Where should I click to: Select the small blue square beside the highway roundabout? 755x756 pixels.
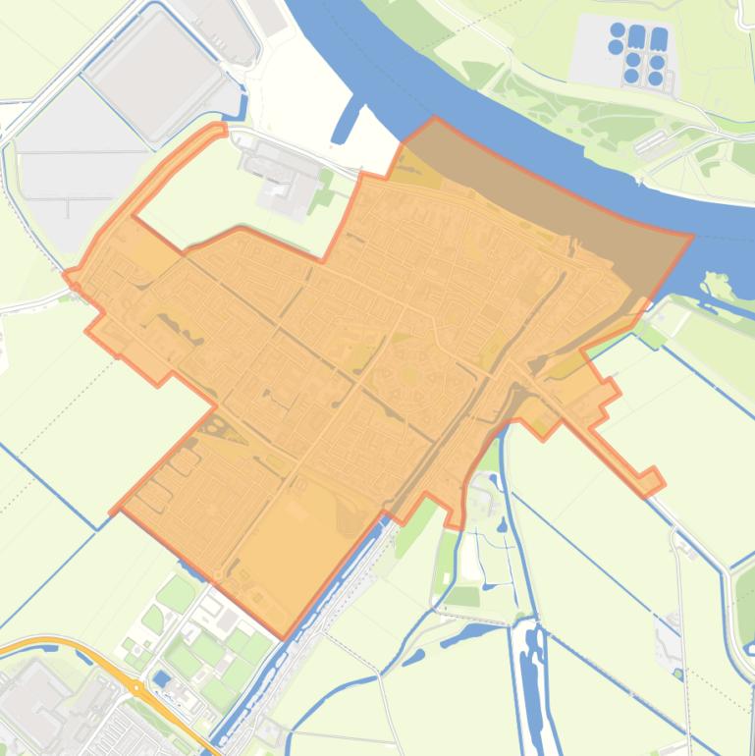coord(161,678)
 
